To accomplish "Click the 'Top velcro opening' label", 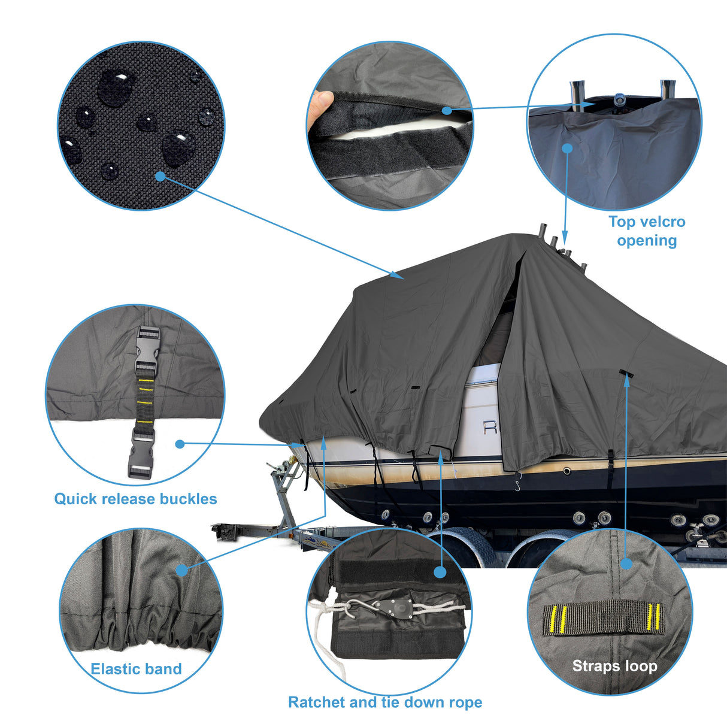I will tap(647, 231).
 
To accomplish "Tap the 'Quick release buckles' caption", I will tap(135, 499).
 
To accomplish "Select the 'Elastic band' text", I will tap(136, 669).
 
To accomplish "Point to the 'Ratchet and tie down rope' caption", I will tap(385, 702).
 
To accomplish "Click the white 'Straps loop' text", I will tap(614, 666).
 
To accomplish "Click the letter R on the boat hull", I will tap(490, 427).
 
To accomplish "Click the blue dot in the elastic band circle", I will tap(182, 570).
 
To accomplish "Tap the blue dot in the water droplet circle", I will tap(159, 176).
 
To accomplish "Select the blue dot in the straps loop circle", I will tap(626, 564).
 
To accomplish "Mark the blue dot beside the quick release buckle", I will tap(180, 444).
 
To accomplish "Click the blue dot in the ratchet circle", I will tap(440, 572).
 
